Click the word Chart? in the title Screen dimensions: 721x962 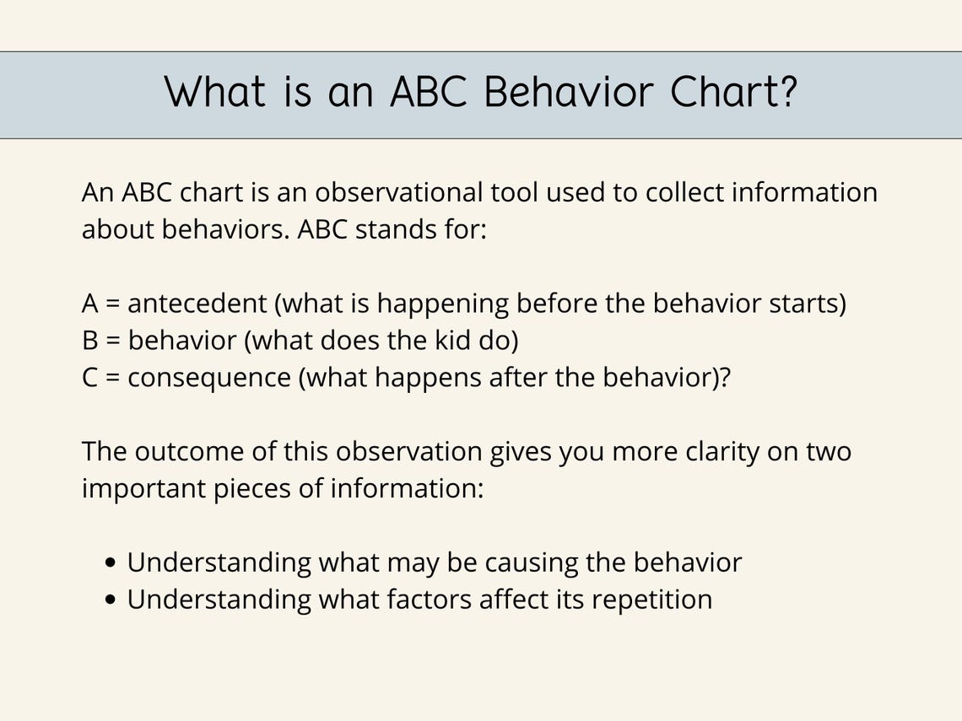click(733, 92)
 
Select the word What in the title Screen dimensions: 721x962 click(214, 92)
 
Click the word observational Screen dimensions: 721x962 click(400, 193)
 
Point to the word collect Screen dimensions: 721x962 click(684, 193)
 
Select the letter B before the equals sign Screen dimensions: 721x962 click(89, 341)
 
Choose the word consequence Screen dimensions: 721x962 click(208, 378)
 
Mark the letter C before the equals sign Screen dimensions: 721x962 click(90, 378)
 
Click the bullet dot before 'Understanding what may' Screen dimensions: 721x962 click(112, 563)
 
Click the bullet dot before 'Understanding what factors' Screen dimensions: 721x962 click(112, 600)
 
